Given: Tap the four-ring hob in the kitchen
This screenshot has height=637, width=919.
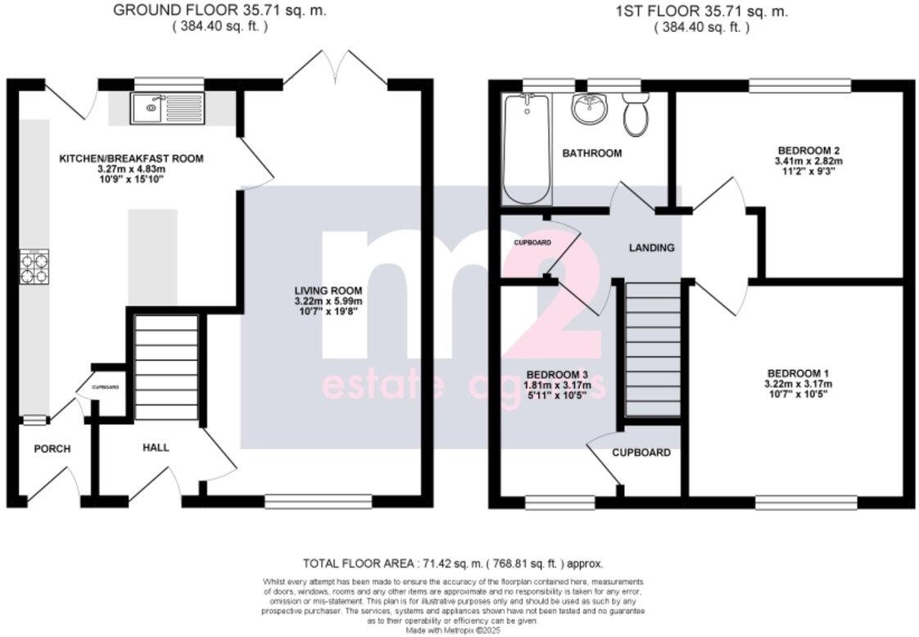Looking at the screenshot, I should coord(34,267).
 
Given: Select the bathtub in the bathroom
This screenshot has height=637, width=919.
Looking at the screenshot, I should coord(525,148).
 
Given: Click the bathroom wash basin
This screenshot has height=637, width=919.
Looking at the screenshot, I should coord(589,107).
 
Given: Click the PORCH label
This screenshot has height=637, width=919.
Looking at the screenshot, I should coord(52,449).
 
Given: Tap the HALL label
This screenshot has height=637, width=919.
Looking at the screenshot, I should coord(156,447).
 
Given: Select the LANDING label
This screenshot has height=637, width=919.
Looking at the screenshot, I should coord(651,247).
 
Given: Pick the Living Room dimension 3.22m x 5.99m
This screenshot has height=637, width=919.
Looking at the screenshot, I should coord(328,302).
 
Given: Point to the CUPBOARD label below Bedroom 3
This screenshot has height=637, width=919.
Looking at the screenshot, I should coord(643,452).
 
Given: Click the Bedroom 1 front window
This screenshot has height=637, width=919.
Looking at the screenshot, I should coord(805,500).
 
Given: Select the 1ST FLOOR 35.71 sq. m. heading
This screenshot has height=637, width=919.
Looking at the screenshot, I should coord(701,11).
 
